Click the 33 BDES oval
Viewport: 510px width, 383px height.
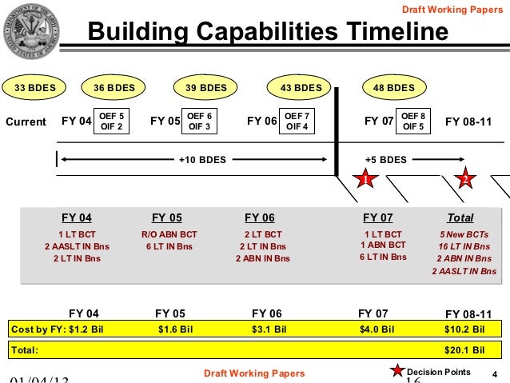click(x=33, y=87)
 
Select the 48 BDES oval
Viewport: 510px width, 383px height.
click(x=389, y=87)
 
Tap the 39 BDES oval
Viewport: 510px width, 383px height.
click(x=206, y=87)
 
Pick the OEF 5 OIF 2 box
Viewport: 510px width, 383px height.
click(x=110, y=122)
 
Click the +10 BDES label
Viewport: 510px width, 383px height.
click(x=201, y=159)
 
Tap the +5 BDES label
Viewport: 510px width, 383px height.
click(x=385, y=159)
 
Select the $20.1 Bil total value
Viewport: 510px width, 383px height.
click(x=464, y=349)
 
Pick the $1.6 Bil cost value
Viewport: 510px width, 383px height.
click(x=175, y=329)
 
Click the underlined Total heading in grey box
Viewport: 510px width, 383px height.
click(x=460, y=217)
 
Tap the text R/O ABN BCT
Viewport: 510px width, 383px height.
click(x=169, y=233)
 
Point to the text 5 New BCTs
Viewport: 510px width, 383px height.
click(x=464, y=233)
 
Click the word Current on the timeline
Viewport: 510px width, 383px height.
click(x=26, y=122)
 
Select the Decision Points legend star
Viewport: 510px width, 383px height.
click(x=396, y=370)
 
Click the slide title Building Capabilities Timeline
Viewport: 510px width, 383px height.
click(x=268, y=33)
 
